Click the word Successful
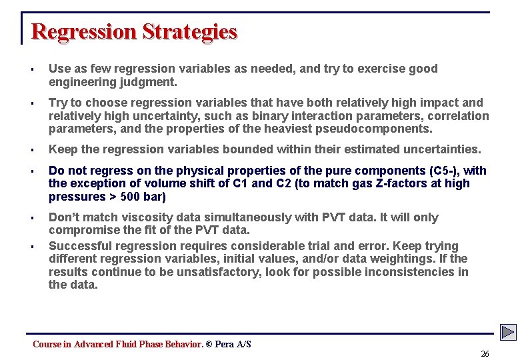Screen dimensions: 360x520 tap(80, 246)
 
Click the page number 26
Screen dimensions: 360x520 tap(485, 354)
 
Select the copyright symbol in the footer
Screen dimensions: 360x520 tap(209, 345)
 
